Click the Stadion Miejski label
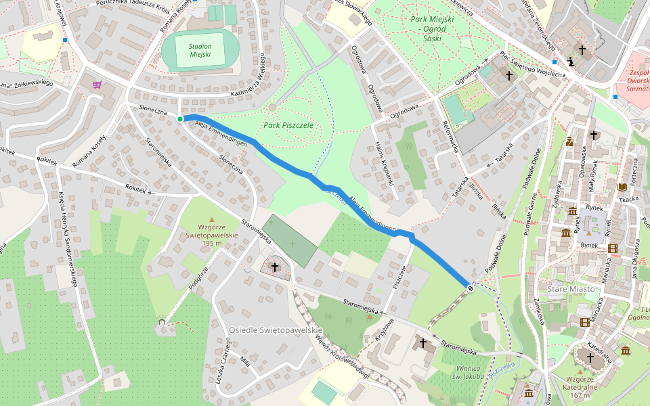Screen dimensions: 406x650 pos(200,50)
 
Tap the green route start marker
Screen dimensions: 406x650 pos(180,119)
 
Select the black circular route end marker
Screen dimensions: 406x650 pos(470,287)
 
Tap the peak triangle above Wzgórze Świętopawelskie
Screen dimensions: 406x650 pos(211,219)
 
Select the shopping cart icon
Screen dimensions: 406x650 pos(97,85)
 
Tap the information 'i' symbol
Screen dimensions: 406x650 pos(572,62)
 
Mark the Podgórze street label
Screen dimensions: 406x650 pos(196,277)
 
